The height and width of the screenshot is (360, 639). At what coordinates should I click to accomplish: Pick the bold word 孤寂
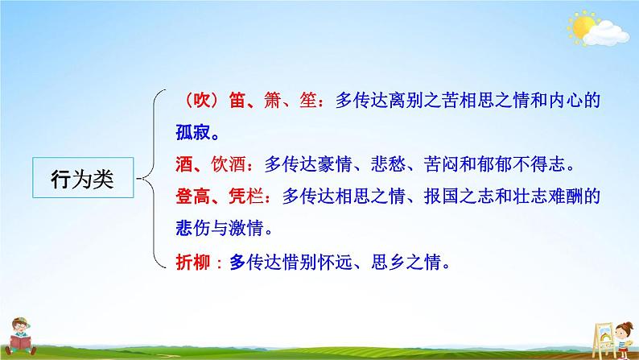pyautogui.click(x=193, y=130)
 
